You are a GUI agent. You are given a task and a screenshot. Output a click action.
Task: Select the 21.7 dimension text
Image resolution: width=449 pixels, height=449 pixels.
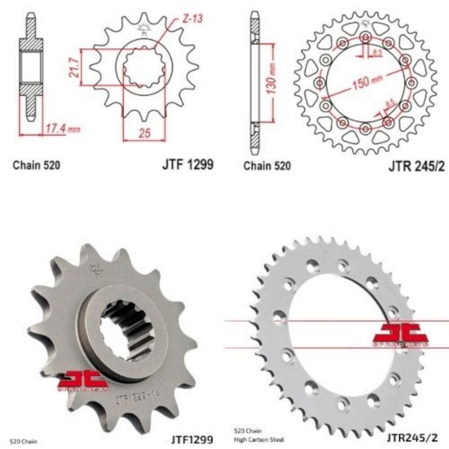pos(75,66)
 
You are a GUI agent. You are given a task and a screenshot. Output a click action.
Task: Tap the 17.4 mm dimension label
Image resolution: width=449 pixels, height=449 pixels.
pos(62,129)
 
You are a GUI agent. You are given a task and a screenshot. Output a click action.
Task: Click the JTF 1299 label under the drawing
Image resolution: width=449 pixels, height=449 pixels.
pos(187,165)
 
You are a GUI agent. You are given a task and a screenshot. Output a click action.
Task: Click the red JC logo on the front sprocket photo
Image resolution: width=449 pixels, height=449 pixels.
pos(83,380)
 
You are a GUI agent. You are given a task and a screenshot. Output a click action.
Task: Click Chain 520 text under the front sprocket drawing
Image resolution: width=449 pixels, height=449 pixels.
pos(36,165)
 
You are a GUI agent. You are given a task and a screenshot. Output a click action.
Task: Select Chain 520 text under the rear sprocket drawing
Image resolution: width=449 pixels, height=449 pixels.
pos(267,166)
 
